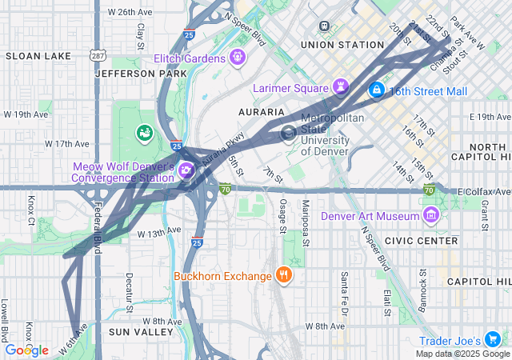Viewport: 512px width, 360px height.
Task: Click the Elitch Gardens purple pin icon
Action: pyautogui.click(x=237, y=57)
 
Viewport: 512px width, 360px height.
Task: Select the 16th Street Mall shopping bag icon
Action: pyautogui.click(x=375, y=91)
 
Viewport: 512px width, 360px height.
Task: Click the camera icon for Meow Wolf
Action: pyautogui.click(x=186, y=170)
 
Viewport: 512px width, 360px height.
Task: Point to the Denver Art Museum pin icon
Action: pyautogui.click(x=431, y=215)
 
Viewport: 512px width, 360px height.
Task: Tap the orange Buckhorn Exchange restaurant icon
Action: pyautogui.click(x=283, y=276)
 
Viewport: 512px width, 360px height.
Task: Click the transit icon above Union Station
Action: pyautogui.click(x=323, y=26)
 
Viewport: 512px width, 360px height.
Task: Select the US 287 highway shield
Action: pyautogui.click(x=97, y=55)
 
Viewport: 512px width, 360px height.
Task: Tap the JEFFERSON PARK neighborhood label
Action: pyautogui.click(x=134, y=73)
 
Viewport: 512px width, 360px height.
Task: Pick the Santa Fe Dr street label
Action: pyautogui.click(x=342, y=293)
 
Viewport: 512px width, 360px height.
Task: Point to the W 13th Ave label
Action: pyautogui.click(x=159, y=233)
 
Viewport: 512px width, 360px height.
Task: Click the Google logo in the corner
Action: pyautogui.click(x=26, y=350)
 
